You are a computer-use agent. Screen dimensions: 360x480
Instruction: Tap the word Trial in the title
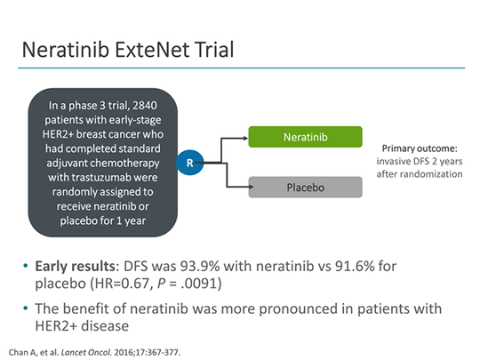tap(211, 48)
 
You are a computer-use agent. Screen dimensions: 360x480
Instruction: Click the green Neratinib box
tap(305, 138)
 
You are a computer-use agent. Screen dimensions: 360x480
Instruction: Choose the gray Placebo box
tap(305, 188)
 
